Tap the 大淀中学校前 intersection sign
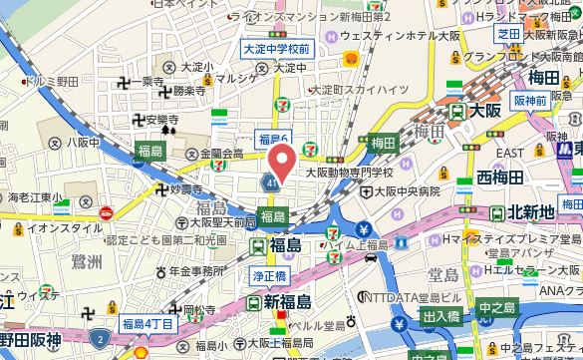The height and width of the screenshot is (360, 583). (276, 47)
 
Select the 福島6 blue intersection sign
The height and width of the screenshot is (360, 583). (272, 138)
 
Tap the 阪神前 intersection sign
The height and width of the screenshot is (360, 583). (530, 101)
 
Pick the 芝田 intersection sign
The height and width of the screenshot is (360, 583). (508, 33)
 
